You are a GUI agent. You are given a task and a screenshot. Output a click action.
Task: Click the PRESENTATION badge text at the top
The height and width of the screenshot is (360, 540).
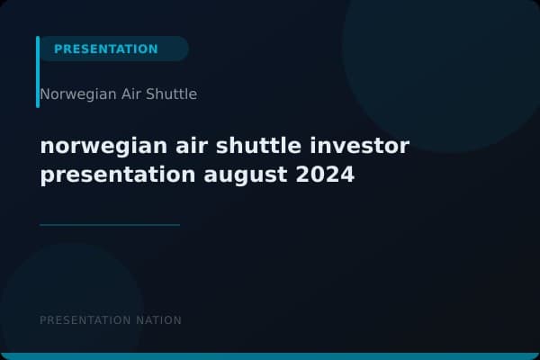pyautogui.click(x=105, y=49)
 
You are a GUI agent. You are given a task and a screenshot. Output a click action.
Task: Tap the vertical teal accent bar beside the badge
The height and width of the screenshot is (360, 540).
pyautogui.click(x=38, y=72)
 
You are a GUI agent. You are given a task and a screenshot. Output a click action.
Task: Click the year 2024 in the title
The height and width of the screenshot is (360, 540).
pyautogui.click(x=325, y=175)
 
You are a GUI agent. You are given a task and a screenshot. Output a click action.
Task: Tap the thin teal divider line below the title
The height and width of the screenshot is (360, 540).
pyautogui.click(x=110, y=225)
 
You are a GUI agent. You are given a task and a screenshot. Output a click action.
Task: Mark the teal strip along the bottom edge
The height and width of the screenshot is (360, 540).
pyautogui.click(x=270, y=356)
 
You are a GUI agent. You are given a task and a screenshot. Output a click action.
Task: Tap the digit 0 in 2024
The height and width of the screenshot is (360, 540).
pyautogui.click(x=317, y=175)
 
